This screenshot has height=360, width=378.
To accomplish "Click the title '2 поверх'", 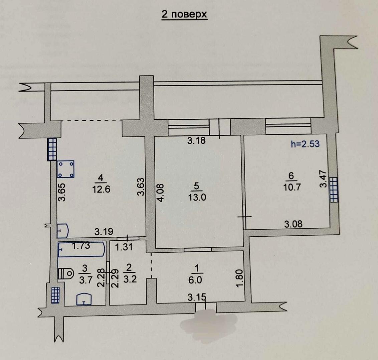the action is click(184, 14).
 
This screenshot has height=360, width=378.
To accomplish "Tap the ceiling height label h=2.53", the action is click(305, 144).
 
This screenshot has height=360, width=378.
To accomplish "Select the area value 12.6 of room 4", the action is click(101, 189).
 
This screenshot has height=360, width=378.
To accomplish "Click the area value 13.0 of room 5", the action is click(197, 197).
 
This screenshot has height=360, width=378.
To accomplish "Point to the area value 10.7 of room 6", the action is click(292, 187).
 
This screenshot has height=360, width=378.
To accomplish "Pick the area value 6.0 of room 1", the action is click(195, 280).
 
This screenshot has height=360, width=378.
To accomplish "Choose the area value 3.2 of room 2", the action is click(130, 279).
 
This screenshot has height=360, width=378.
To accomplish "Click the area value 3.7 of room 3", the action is click(86, 280).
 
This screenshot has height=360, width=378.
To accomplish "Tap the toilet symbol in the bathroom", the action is click(65, 274).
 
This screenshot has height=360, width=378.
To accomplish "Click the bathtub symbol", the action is click(81, 249).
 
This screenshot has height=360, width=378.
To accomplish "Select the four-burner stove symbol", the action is click(65, 169).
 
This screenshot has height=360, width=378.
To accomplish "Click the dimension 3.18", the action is click(196, 140).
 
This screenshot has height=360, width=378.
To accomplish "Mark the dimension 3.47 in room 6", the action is click(323, 179).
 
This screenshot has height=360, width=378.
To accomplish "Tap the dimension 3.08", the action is click(293, 224).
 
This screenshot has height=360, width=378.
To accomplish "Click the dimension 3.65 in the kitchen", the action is click(62, 192).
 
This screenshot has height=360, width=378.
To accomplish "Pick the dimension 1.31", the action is click(124, 247).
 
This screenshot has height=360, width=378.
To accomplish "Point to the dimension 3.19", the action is click(104, 232).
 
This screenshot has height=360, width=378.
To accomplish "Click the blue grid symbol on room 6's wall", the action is click(334, 190).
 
